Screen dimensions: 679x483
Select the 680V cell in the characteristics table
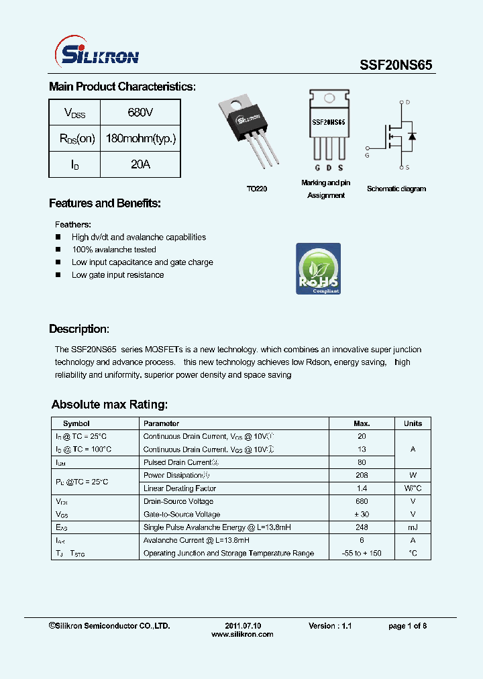click(140, 113)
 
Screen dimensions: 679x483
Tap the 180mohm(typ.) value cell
click(141, 139)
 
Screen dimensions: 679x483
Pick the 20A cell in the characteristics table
click(140, 164)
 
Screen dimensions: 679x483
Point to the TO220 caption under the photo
click(256, 189)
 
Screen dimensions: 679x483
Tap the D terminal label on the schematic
click(407, 103)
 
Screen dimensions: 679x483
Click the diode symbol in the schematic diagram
click(411, 136)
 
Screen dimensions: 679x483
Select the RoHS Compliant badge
click(319, 269)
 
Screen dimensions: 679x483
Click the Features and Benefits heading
click(105, 203)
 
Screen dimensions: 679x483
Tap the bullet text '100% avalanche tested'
click(114, 250)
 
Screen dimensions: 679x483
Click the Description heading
click(78, 329)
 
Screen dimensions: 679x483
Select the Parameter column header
click(162, 423)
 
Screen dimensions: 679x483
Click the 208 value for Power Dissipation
click(362, 475)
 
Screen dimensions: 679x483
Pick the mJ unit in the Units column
click(413, 527)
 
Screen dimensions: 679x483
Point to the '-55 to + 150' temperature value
click(362, 553)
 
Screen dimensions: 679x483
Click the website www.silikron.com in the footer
click(242, 635)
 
